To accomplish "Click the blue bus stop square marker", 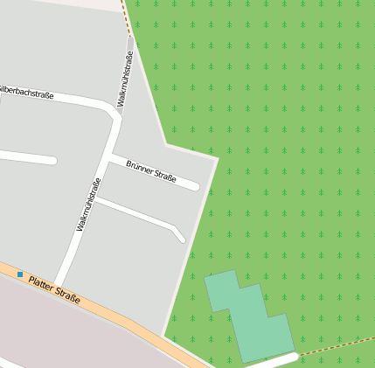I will click(x=20, y=274).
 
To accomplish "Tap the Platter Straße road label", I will click(x=54, y=289).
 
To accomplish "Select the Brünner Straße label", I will click(x=151, y=170).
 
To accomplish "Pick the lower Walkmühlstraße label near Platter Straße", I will click(x=89, y=205).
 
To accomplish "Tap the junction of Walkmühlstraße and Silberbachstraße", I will click(x=115, y=108).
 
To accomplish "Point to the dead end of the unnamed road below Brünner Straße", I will click(x=181, y=238).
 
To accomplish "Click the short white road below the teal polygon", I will click(x=273, y=361).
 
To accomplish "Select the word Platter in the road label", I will click(x=41, y=283).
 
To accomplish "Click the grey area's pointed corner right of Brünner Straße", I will click(x=217, y=158).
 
